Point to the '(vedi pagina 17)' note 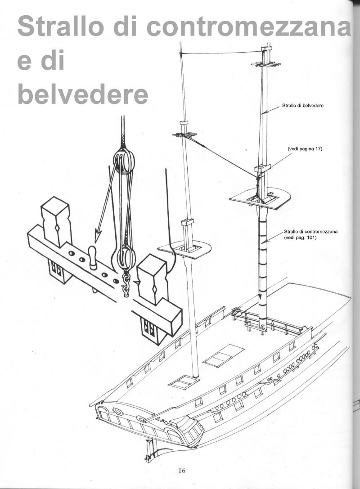pos(305,149)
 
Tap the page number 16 pos(181,471)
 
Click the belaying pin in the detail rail pos(93,257)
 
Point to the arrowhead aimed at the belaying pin pos(98,236)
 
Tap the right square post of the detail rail pos(153,278)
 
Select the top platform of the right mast pos(260,197)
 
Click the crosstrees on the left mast pos(184,135)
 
